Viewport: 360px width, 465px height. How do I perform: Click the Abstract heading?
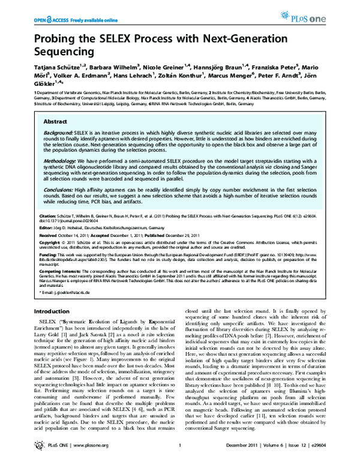(55, 121)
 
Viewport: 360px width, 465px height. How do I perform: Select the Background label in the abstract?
(58, 131)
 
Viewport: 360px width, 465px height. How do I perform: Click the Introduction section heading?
(51, 311)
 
